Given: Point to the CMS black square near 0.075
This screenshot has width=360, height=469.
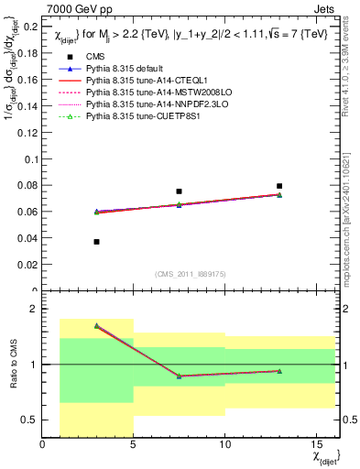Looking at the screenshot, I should tap(180, 191).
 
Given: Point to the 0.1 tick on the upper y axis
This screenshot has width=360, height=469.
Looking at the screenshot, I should tap(29, 159).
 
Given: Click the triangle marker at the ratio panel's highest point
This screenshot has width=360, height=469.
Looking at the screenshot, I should tap(97, 325).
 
